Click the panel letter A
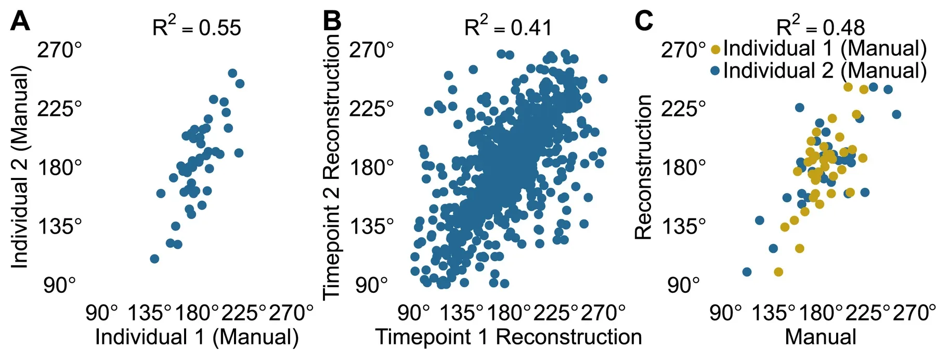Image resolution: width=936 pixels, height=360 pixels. tap(20, 21)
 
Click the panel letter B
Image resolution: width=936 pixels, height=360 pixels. tap(332, 21)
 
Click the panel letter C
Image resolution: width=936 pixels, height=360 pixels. tap(644, 21)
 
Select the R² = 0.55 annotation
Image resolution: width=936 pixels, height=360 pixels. tap(197, 26)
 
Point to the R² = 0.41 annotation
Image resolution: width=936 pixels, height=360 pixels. tap(508, 26)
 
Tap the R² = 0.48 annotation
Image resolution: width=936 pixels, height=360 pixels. tap(820, 26)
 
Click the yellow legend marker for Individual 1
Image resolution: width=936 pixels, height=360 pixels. tap(716, 49)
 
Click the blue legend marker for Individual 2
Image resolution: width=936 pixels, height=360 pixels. tap(716, 71)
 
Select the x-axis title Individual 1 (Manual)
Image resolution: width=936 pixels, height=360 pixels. tap(197, 337)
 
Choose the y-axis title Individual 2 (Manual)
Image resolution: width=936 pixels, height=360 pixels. tap(20, 167)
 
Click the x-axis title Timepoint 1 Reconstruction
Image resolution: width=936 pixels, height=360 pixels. tap(509, 337)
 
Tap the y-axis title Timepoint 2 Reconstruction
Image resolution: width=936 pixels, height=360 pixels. tap(331, 167)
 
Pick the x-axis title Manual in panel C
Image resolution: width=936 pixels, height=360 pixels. tap(821, 337)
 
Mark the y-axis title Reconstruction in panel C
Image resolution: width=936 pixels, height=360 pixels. tap(643, 167)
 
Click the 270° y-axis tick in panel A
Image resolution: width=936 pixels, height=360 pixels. tap(59, 50)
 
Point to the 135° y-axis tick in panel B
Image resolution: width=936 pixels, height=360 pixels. tap(371, 227)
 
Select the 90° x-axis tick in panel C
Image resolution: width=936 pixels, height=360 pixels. tap(725, 313)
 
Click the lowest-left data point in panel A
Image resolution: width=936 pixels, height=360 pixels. tap(154, 259)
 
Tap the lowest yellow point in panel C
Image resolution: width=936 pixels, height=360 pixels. tap(778, 272)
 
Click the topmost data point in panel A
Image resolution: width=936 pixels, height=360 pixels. tap(232, 73)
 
